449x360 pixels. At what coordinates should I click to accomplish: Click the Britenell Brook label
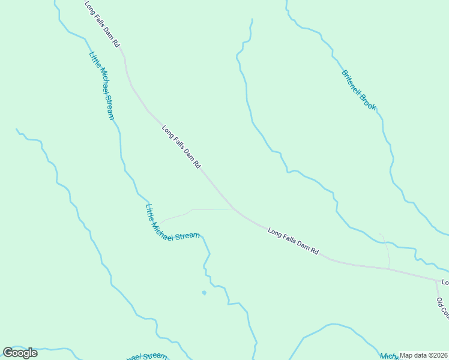[359, 91]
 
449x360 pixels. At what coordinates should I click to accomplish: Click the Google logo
[20, 353]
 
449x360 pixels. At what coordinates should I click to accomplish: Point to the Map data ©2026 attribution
[423, 355]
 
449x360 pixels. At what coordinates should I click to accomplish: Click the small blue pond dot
[204, 293]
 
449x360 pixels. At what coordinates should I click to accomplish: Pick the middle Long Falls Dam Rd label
[181, 146]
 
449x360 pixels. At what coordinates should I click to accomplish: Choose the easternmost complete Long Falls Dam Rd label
[293, 241]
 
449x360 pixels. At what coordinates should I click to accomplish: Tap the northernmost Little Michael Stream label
[101, 86]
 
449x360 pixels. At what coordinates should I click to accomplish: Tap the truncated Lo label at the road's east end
[445, 282]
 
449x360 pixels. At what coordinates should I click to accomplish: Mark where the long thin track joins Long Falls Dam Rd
[234, 209]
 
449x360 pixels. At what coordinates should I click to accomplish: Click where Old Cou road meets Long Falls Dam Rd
[436, 280]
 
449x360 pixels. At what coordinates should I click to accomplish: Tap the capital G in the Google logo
[8, 353]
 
